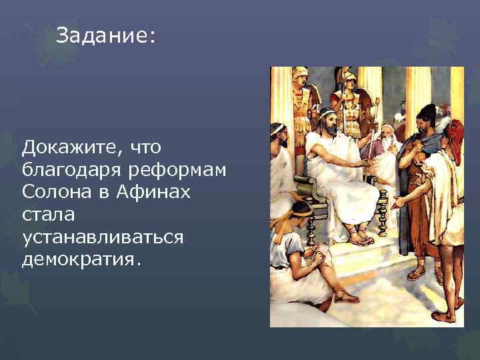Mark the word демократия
[81, 260]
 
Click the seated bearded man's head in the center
[327, 121]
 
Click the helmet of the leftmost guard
[301, 74]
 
